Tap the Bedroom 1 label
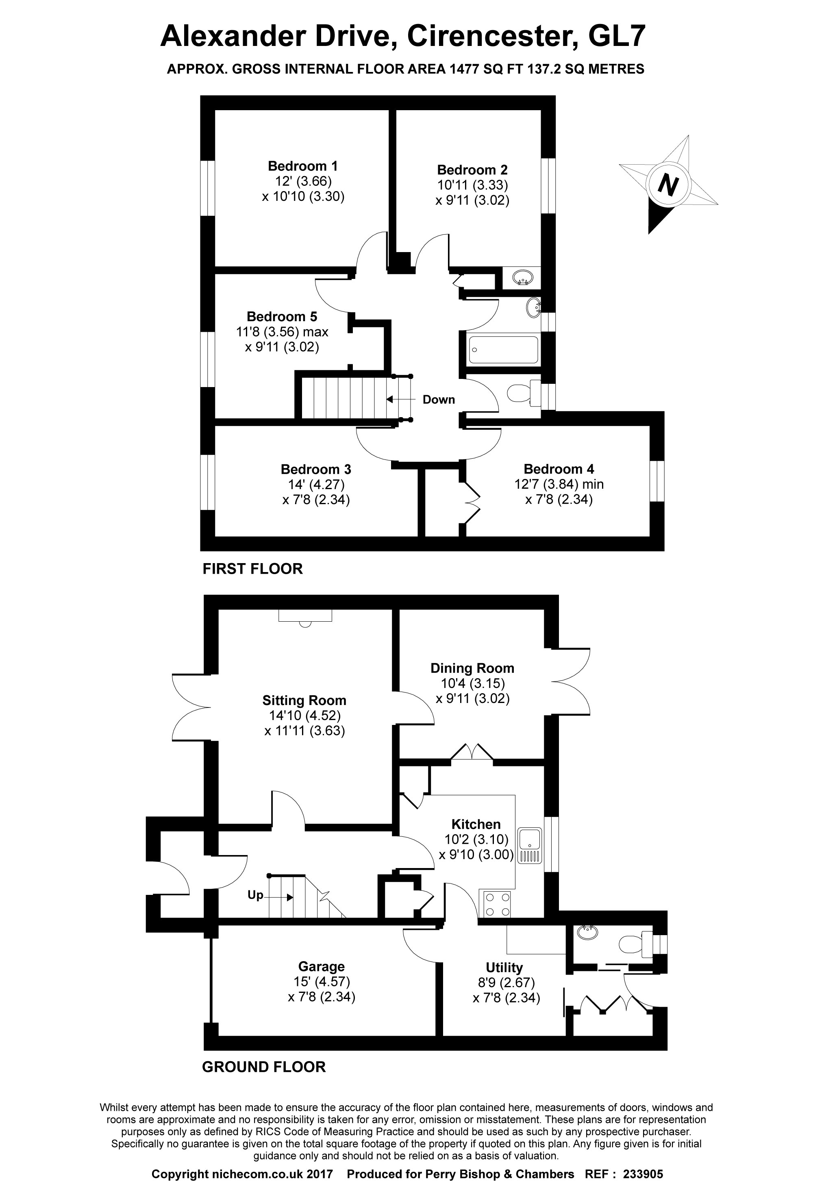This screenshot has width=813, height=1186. (x=303, y=166)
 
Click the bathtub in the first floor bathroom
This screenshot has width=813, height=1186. (x=503, y=350)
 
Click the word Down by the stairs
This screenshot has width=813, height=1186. (x=438, y=400)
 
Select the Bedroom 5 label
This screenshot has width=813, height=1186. (x=282, y=316)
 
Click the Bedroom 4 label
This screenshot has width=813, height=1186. (x=559, y=469)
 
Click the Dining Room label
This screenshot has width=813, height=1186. (x=472, y=668)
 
